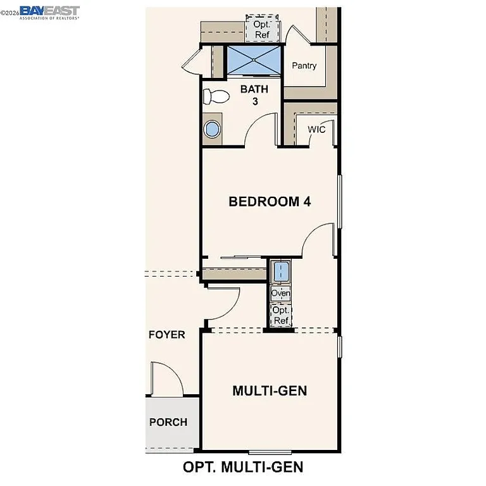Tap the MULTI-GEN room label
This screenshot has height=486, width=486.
pyautogui.click(x=270, y=390)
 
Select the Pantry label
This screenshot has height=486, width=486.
pyautogui.click(x=304, y=66)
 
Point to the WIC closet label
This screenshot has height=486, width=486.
pyautogui.click(x=316, y=130)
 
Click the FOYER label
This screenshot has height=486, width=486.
pyautogui.click(x=166, y=334)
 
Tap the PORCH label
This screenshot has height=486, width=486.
pyautogui.click(x=168, y=422)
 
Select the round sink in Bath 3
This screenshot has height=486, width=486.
pyautogui.click(x=212, y=130)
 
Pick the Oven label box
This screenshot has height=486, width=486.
pyautogui.click(x=280, y=294)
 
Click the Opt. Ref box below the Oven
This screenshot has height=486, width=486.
pyautogui.click(x=281, y=315)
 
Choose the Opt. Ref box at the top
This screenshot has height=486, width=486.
pyautogui.click(x=261, y=29)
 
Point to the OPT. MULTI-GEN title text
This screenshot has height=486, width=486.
pyautogui.click(x=243, y=467)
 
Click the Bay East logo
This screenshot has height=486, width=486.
pyautogui.click(x=49, y=12)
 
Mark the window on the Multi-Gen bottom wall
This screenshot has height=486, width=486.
pyautogui.click(x=270, y=452)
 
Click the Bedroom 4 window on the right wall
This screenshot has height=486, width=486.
pyautogui.click(x=340, y=201)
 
